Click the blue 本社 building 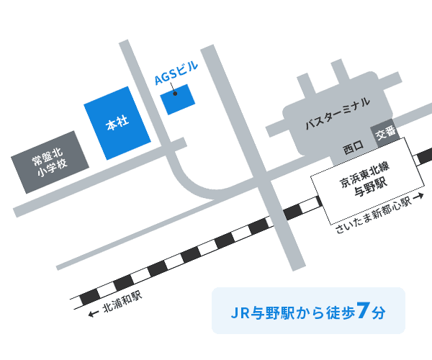tap(117, 122)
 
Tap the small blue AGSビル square tap(176, 99)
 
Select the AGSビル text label tap(176, 75)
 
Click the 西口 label tap(354, 149)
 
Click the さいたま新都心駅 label tap(370, 215)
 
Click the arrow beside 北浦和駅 tap(92, 315)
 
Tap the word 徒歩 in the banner tap(340, 314)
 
